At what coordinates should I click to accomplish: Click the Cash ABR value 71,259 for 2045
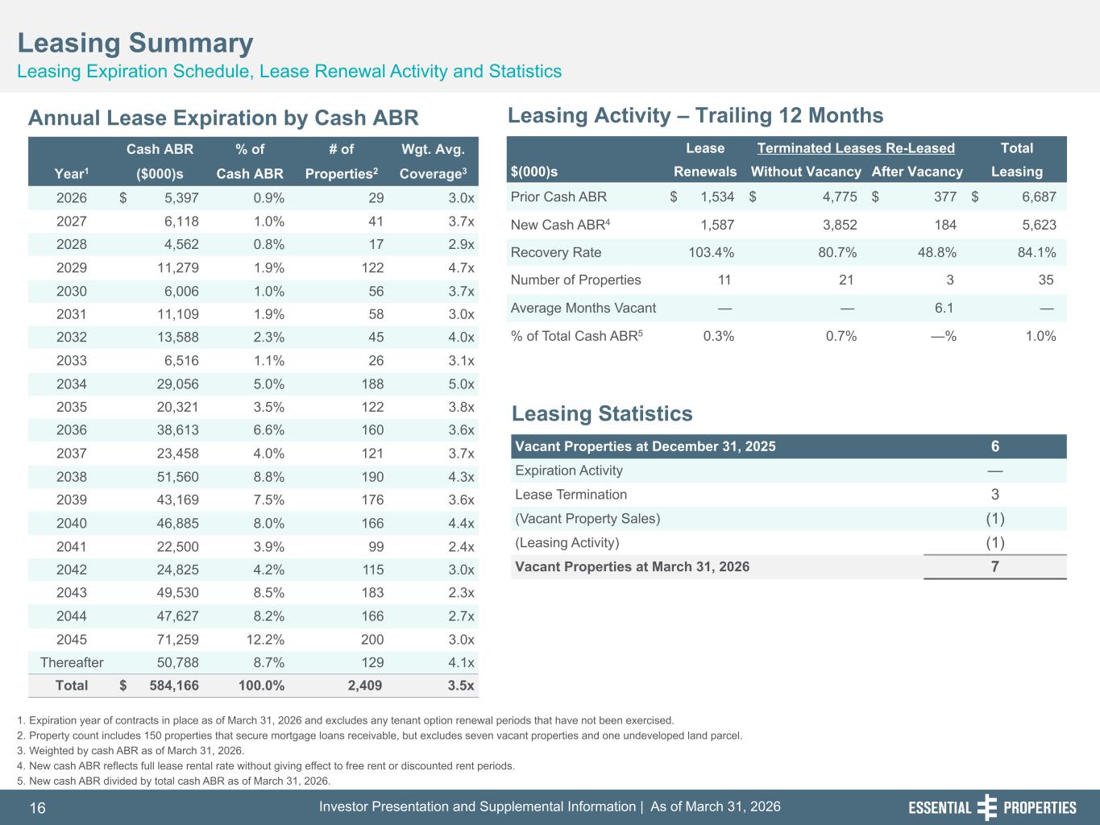177,639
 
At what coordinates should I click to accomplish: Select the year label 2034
71,383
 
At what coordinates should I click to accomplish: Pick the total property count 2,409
365,686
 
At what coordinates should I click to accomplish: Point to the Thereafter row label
72,662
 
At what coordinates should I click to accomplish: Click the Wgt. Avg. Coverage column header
433,161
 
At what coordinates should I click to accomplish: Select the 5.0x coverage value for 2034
461,383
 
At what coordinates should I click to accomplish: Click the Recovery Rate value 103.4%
711,252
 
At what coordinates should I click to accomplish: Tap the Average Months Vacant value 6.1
944,308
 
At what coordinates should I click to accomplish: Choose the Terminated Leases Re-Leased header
856,148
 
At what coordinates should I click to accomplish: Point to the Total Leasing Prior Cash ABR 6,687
1039,197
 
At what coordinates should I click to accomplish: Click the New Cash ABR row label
560,225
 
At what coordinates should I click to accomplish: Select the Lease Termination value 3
994,495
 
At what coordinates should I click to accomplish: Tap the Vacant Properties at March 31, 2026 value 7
994,566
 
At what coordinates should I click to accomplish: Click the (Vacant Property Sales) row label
587,518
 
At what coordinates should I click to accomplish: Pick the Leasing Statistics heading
602,414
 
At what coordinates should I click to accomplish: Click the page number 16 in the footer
38,808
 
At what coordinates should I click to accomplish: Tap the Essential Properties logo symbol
987,807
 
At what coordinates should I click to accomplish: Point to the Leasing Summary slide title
135,43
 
